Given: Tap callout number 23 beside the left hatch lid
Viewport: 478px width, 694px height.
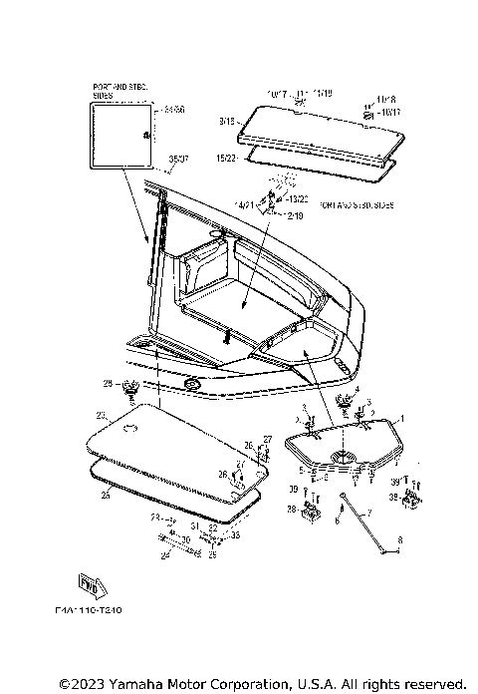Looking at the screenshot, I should tap(101, 414).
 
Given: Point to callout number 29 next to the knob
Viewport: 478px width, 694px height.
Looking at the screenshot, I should tap(108, 383).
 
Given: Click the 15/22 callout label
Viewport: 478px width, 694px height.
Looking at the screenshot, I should tap(225, 158).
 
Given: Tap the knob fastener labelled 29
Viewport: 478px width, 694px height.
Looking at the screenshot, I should tap(129, 387).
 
